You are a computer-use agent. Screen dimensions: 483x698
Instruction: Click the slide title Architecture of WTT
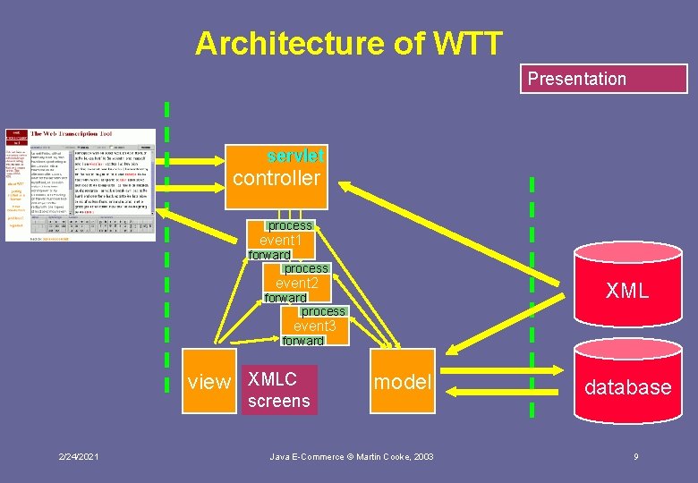tap(349, 42)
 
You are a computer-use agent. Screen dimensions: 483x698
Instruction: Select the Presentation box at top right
tap(603, 79)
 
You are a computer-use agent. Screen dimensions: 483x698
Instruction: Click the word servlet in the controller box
tap(296, 156)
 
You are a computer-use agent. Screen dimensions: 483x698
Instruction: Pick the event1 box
tap(281, 241)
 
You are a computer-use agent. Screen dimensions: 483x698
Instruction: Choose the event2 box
tap(297, 284)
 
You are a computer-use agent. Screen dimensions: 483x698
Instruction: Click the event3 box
tap(315, 326)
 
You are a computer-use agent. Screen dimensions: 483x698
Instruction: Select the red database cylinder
tap(626, 385)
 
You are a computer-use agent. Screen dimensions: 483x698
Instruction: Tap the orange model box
tap(403, 383)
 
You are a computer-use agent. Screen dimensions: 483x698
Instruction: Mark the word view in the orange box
tap(209, 383)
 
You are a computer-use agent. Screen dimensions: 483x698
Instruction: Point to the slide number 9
tap(635, 457)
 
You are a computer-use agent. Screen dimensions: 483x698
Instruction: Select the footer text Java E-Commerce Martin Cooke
tap(352, 457)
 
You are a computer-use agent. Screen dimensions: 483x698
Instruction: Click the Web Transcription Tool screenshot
tap(81, 185)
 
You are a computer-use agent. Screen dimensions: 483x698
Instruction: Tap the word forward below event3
tap(303, 341)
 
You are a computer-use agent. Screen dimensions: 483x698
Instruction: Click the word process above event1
tap(291, 225)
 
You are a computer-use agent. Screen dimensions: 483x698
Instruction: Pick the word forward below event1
tap(269, 255)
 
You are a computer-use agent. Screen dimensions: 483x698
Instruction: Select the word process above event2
tap(306, 268)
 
